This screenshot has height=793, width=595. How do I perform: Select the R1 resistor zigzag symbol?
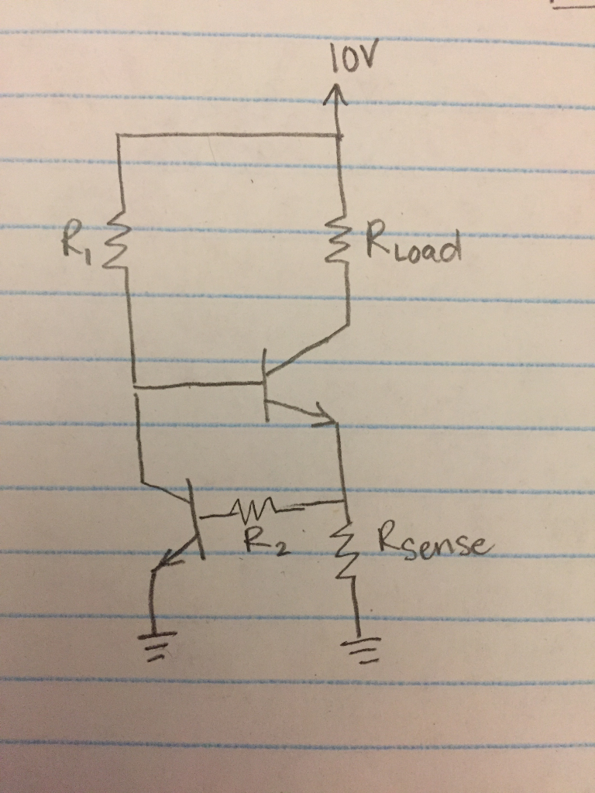tap(121, 242)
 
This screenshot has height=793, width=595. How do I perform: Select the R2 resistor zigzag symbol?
tap(247, 509)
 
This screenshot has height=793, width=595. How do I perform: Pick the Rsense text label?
tap(434, 541)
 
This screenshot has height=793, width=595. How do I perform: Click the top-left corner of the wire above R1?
tap(119, 135)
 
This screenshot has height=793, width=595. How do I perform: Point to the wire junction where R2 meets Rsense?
tap(343, 502)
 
